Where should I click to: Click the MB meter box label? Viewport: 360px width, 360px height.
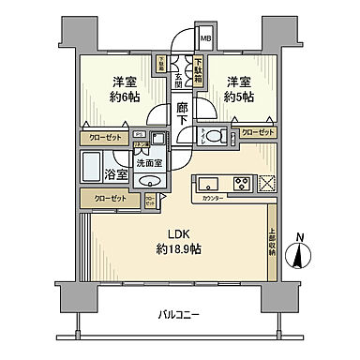(206, 38)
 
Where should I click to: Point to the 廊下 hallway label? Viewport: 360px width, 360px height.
(182, 113)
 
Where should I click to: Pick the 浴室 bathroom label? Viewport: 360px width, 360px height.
(116, 174)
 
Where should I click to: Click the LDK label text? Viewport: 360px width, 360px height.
(179, 233)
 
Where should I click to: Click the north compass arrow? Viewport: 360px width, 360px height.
(301, 254)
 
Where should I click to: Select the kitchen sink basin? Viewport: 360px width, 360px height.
(207, 182)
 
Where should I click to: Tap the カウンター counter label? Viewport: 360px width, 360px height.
(213, 198)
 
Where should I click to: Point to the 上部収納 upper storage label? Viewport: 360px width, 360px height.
(273, 241)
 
